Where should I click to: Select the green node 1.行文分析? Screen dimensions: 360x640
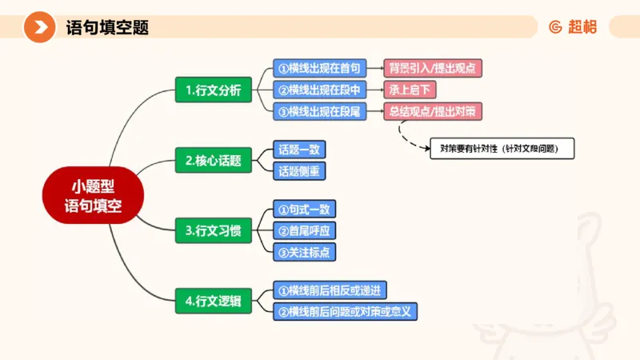point(213,90)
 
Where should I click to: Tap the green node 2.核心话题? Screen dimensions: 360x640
point(213,160)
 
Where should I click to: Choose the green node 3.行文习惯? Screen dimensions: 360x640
point(213,230)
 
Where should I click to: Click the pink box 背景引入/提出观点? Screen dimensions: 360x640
point(434,68)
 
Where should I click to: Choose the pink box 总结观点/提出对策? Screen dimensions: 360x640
point(434,111)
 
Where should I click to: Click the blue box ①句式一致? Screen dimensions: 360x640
point(304,210)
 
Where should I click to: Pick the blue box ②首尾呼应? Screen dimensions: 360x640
point(304,230)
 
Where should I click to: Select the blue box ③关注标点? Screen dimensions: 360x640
point(304,252)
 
